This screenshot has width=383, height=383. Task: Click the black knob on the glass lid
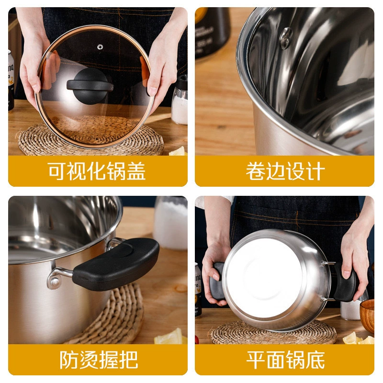(x=90, y=86)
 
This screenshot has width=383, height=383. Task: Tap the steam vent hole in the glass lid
(x=100, y=47)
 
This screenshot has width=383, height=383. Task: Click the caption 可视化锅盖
(x=97, y=171)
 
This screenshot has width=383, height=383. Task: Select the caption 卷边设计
(x=285, y=171)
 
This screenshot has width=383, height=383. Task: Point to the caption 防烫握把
(x=99, y=360)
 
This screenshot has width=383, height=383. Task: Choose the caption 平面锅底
(x=285, y=360)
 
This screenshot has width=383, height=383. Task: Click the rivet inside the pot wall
(x=286, y=38)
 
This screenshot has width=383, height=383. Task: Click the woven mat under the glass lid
(x=91, y=137)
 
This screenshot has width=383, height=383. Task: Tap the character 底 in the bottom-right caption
(x=315, y=360)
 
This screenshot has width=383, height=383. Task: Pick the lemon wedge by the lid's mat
(x=178, y=151)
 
